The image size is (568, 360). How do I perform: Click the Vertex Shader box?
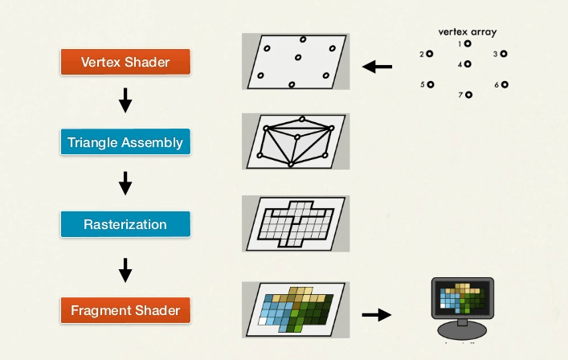coord(125,62)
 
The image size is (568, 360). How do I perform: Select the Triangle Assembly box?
coord(125,143)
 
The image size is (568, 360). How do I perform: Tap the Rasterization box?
coord(125,224)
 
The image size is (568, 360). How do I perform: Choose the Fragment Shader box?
coord(125,309)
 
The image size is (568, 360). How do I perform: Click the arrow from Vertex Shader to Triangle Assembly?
coord(125,102)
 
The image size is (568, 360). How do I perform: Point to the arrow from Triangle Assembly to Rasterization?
coord(125,184)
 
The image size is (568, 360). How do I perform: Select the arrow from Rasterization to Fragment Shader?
coord(125,269)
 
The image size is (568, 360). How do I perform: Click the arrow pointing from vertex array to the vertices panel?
coord(377,67)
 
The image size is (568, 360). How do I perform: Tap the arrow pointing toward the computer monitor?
coord(376,314)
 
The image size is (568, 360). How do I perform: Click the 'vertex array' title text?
coord(467,33)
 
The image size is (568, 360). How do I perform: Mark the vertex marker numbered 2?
coord(430,55)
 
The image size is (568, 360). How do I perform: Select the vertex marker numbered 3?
coord(505,54)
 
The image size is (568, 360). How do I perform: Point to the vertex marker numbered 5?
coord(431,84)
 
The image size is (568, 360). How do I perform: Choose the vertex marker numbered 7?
coord(468,95)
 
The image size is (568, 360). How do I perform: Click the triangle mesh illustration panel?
coord(295,141)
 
